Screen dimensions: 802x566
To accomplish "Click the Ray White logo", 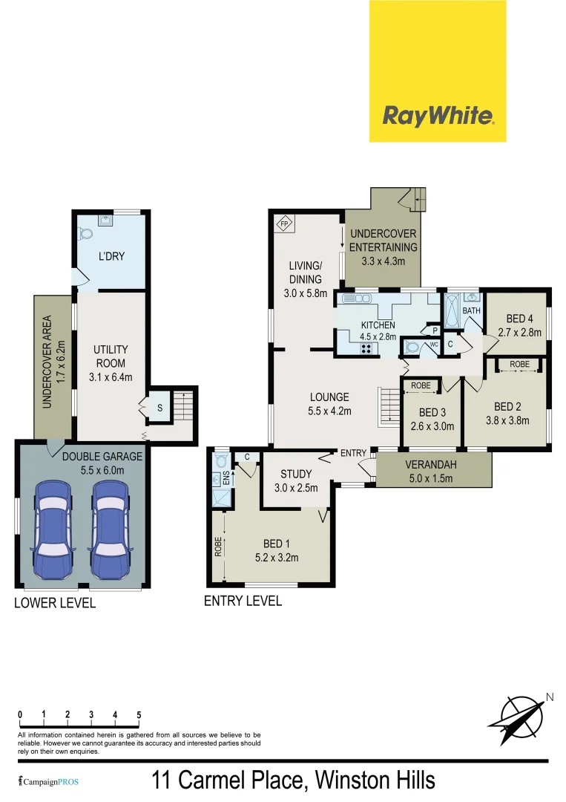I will pyautogui.click(x=438, y=116).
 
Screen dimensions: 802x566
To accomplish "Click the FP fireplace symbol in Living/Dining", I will pyautogui.click(x=283, y=224).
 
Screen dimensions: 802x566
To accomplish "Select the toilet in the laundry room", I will pyautogui.click(x=85, y=233).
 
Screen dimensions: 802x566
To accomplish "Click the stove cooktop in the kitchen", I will pyautogui.click(x=346, y=345).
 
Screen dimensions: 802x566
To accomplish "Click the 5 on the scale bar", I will pyautogui.click(x=139, y=715).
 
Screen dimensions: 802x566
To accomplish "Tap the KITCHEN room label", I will pyautogui.click(x=378, y=325).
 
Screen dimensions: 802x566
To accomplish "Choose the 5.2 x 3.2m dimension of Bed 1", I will pyautogui.click(x=276, y=555).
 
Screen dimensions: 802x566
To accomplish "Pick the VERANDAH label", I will pyautogui.click(x=431, y=465).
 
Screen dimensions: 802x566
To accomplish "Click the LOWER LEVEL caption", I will pyautogui.click(x=55, y=603).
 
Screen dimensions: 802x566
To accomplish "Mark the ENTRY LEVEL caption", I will pyautogui.click(x=243, y=601).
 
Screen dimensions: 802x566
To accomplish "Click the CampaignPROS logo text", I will pyautogui.click(x=48, y=781).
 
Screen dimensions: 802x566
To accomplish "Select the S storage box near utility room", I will pyautogui.click(x=159, y=408).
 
